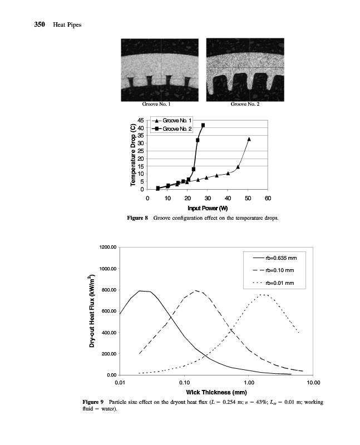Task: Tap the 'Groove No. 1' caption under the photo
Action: (157, 105)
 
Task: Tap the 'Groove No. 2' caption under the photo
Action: (245, 105)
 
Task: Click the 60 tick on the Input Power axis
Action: (268, 198)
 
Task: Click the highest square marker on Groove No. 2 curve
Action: (203, 125)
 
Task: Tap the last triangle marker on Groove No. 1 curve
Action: (249, 139)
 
